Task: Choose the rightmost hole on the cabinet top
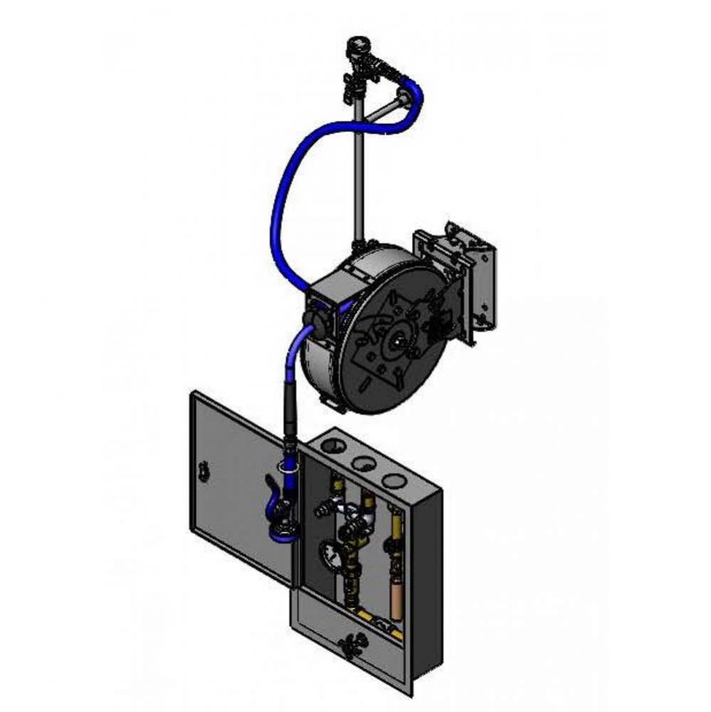coord(393,481)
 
